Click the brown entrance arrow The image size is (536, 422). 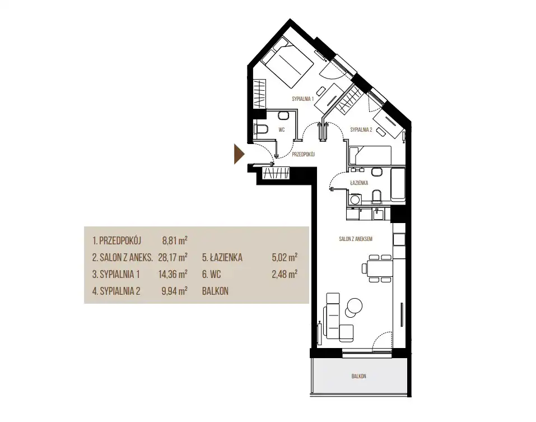pos(239,154)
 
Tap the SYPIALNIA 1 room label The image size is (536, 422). pos(303,99)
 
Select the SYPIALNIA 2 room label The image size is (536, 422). pos(361,129)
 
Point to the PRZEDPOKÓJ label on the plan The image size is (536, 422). pos(303,154)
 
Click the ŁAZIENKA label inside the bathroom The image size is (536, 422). pos(359,183)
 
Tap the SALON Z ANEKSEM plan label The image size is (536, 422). pos(356,239)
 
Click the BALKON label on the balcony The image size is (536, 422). pos(358,376)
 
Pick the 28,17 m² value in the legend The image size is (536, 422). pos(173,257)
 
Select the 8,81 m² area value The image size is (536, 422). pos(175,240)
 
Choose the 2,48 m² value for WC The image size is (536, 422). pos(285,274)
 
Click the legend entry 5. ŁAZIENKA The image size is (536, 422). pos(222,257)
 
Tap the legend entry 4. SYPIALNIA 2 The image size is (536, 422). pos(116,291)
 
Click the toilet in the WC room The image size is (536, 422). pos(261,129)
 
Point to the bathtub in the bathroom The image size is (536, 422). pos(398,184)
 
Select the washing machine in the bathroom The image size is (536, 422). pos(354,200)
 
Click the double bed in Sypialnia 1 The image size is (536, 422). pos(287,62)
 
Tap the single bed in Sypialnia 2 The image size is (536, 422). pos(370,155)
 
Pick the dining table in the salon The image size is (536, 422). pos(379,268)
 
